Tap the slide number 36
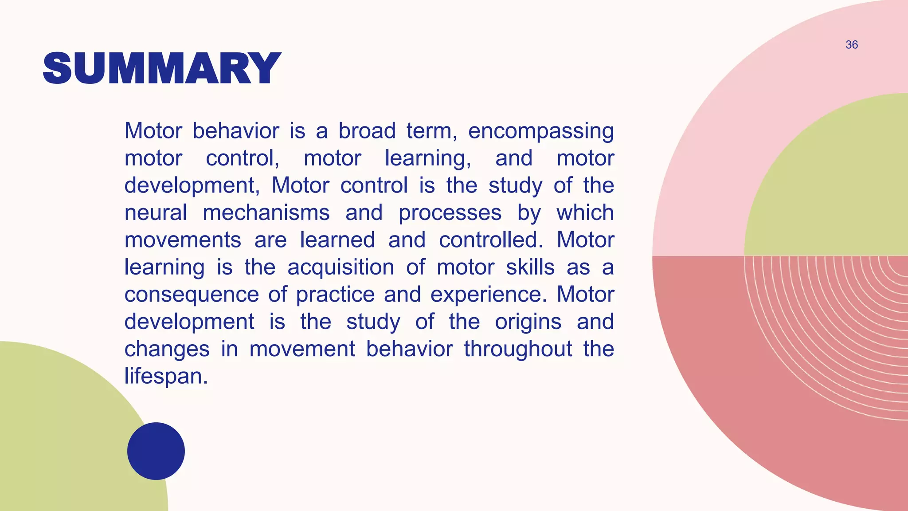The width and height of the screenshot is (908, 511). [x=852, y=45]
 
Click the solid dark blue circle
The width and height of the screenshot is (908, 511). [x=156, y=451]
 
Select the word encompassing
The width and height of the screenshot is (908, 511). [x=541, y=131]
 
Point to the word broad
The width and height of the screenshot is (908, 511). [x=367, y=131]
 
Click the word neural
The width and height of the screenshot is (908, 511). [x=156, y=213]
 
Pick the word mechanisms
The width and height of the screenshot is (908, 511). [x=266, y=213]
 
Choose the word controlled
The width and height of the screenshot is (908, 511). [x=491, y=240]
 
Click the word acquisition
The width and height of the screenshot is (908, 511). [x=340, y=268]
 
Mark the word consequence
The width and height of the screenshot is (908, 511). [x=192, y=295]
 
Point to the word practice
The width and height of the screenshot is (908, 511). [x=335, y=295]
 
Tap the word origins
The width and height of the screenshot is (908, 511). [x=528, y=322]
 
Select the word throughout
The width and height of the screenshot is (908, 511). [x=518, y=349]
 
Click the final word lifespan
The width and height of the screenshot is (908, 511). [x=166, y=377]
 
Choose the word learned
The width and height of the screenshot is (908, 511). [x=337, y=240]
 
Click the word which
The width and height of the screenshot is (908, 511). [x=585, y=213]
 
